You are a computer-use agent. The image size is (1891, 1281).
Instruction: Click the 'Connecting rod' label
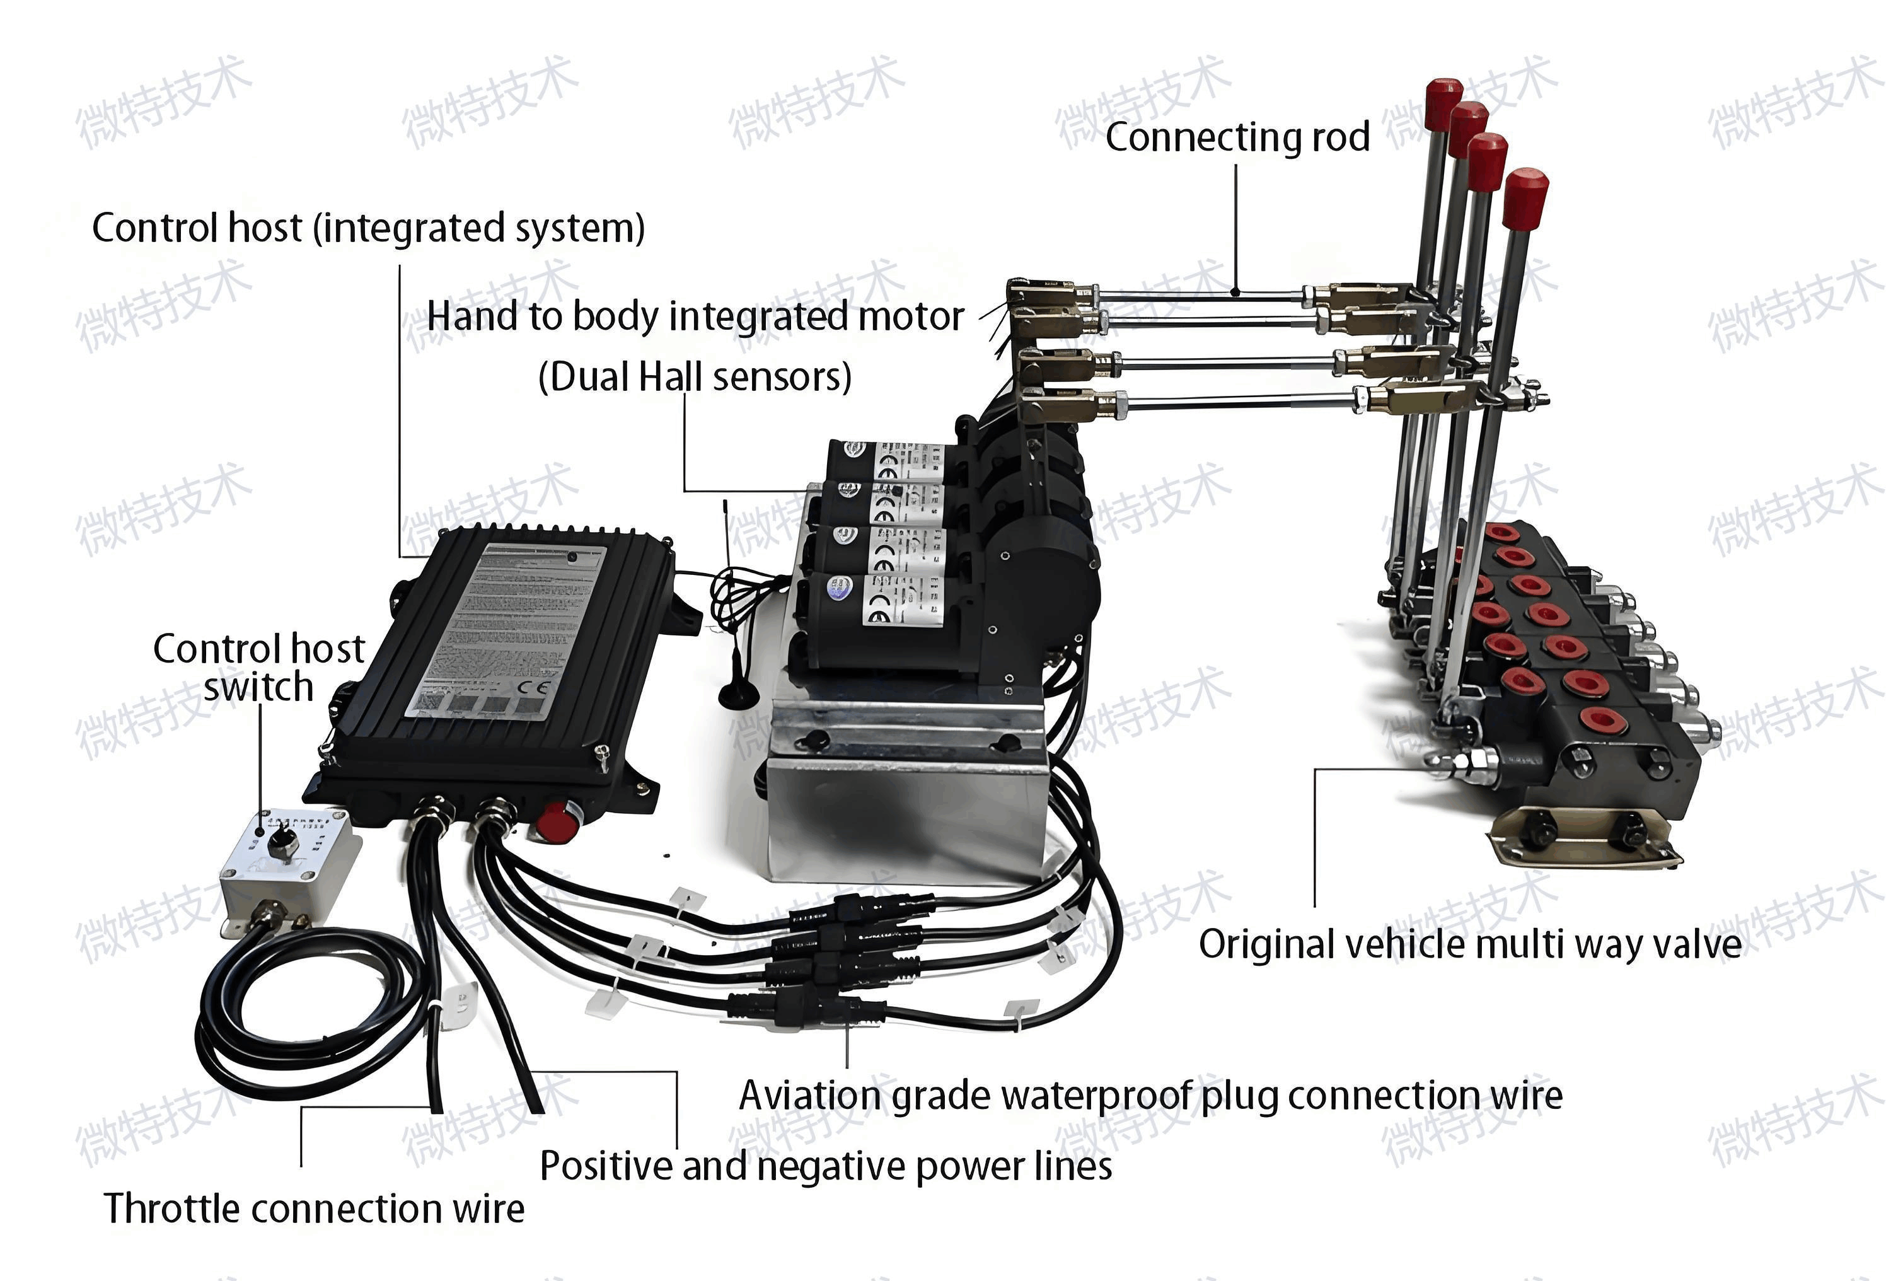(x=1237, y=137)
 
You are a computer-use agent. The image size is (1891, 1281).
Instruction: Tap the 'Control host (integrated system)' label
(x=367, y=228)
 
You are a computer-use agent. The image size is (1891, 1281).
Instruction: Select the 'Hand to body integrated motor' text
(x=696, y=316)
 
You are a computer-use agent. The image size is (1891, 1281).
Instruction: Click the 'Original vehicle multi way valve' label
(x=1469, y=945)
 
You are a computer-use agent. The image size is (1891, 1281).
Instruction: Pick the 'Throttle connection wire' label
(x=314, y=1209)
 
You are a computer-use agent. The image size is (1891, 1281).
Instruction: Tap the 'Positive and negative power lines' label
(x=825, y=1166)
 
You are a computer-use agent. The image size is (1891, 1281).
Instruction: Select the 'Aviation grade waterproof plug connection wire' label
(x=1150, y=1096)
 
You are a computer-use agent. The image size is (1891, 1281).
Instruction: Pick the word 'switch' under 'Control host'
(x=258, y=688)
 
